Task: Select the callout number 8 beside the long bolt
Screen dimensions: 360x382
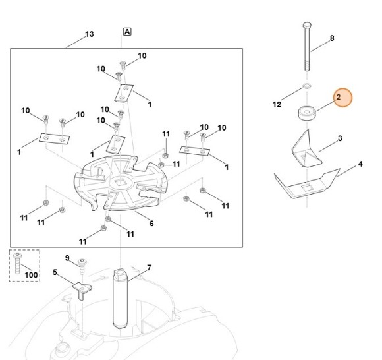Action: click(332, 38)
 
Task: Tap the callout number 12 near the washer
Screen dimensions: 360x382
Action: click(277, 104)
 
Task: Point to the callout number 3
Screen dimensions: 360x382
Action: click(340, 138)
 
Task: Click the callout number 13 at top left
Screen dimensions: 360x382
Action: click(90, 34)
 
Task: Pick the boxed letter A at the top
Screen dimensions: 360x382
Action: click(126, 32)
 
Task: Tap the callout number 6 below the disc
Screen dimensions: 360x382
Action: click(151, 224)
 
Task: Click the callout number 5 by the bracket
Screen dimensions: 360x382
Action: click(55, 271)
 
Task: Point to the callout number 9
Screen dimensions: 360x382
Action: click(67, 257)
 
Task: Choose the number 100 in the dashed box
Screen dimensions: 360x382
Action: click(30, 274)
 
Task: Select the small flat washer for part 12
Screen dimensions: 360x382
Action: click(307, 86)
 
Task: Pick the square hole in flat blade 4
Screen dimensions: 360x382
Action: click(306, 190)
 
